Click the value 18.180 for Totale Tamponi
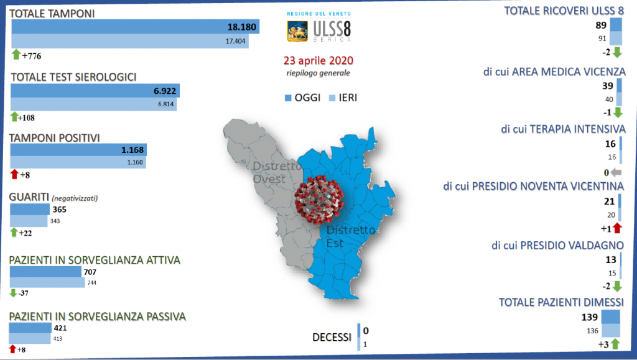[242, 27]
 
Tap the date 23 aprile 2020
[318, 60]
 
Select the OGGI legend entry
[303, 98]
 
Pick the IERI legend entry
[343, 98]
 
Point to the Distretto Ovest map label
[277, 172]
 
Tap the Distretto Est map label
[351, 236]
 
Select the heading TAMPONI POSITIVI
[55, 138]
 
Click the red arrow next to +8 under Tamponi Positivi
[15, 174]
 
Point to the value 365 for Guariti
[59, 210]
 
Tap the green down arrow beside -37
[13, 293]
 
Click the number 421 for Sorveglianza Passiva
[60, 328]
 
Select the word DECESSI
[332, 337]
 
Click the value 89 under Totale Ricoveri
[601, 25]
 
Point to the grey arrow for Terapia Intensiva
[616, 172]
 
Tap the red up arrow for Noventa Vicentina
[618, 228]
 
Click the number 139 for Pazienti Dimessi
[590, 317]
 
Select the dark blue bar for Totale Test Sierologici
[95, 91]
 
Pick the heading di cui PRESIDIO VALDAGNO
[557, 246]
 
